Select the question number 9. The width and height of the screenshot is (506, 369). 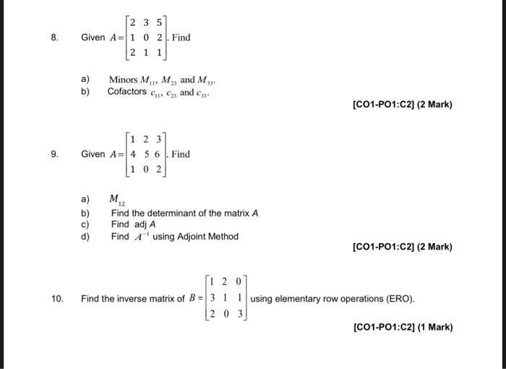(54, 154)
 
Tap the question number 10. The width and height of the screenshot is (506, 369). (56, 298)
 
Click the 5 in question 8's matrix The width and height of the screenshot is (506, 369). (159, 22)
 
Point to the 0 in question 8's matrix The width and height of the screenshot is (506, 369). (147, 38)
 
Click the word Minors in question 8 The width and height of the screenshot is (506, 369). (124, 79)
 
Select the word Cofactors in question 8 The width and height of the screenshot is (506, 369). (126, 92)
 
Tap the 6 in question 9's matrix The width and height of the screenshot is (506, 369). (159, 154)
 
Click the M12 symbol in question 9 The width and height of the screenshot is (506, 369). (116, 200)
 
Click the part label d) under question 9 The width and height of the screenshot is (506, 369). (85, 236)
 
